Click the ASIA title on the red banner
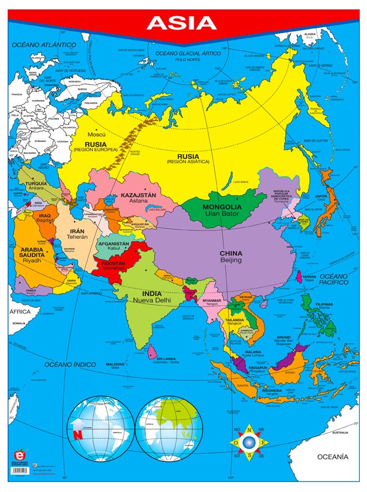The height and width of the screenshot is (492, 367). [x=182, y=23]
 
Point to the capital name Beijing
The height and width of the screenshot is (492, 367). [x=231, y=260]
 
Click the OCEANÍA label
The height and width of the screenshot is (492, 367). [x=333, y=456]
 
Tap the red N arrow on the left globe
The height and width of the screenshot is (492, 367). [x=77, y=431]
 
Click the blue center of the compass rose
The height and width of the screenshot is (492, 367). [x=249, y=442]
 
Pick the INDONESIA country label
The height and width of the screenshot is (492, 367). [x=272, y=390]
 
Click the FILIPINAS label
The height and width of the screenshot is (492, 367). [x=324, y=304]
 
